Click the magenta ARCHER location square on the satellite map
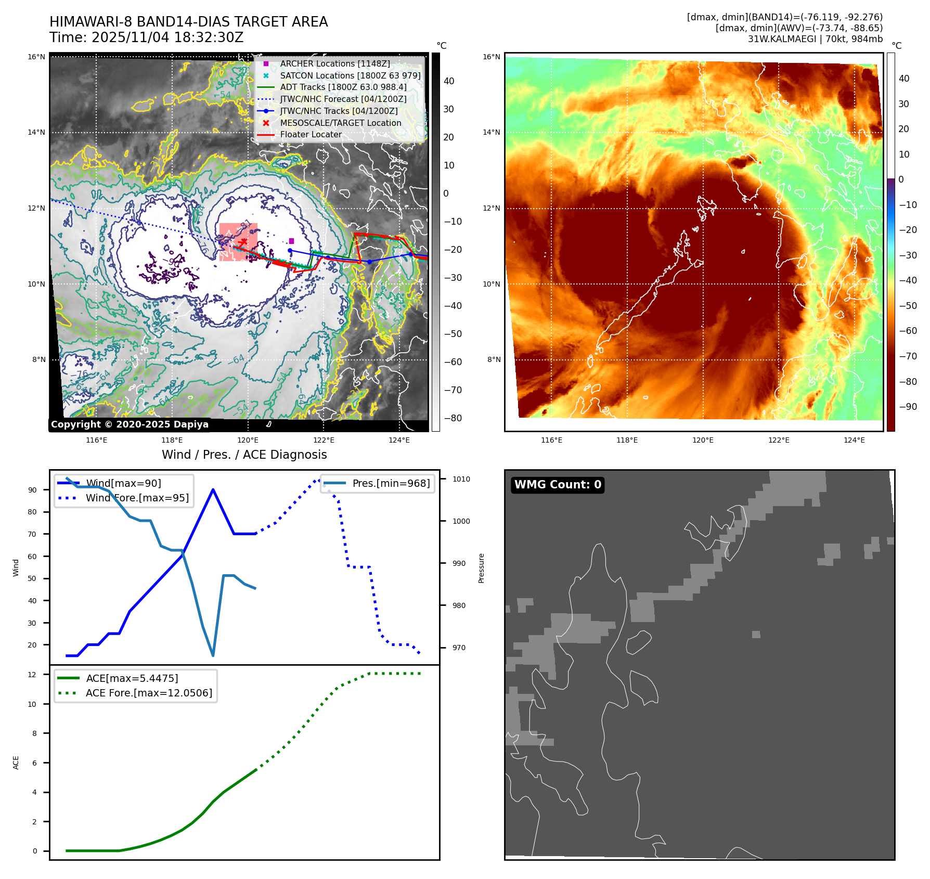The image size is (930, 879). coord(291,241)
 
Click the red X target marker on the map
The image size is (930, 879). coord(242,242)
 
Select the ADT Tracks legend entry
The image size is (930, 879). coord(343,87)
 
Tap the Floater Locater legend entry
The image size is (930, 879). coord(311,135)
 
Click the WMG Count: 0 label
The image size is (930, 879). coord(558,485)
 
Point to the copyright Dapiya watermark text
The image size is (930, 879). coord(130,424)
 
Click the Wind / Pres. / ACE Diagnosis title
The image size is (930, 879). coord(244,455)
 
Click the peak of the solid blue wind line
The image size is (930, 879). coord(213,489)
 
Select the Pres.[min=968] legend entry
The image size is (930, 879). coord(391,484)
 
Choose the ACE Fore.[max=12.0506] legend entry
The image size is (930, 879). coord(149,693)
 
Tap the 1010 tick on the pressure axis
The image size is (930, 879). coord(461,479)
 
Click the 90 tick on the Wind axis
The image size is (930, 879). coord(33,490)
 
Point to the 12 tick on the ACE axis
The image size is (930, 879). coord(32,675)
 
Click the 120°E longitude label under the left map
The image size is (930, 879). coord(248,440)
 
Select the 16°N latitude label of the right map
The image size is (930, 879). coord(492,57)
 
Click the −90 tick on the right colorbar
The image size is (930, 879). coord(908,407)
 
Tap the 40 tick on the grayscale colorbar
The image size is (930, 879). coord(448,81)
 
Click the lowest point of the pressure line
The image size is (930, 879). coord(213,655)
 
